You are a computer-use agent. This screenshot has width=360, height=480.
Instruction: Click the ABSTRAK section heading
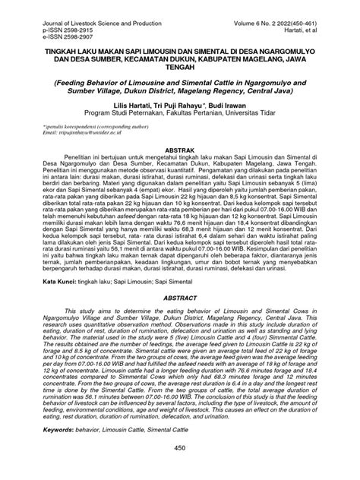[179, 152]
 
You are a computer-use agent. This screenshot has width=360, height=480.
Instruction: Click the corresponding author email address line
[85, 139]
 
